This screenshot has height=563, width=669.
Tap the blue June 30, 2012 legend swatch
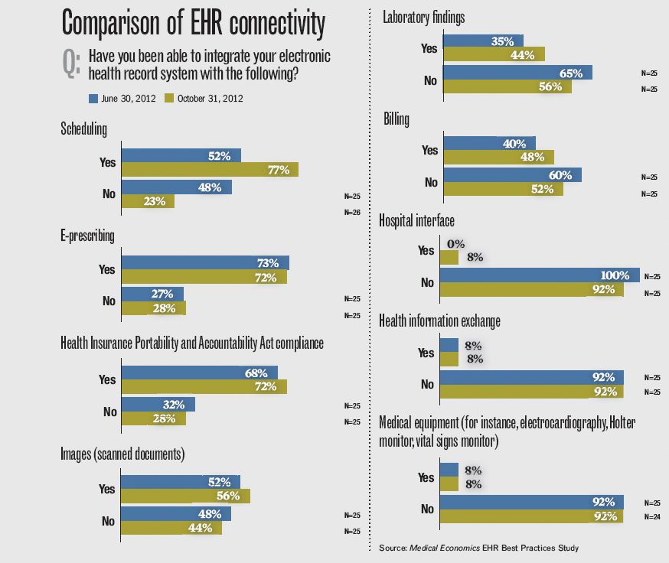(93, 98)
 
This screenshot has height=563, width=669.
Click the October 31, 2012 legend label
(210, 98)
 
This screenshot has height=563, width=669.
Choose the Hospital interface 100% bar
(540, 275)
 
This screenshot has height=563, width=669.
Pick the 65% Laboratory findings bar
(517, 73)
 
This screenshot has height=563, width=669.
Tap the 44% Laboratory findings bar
(494, 54)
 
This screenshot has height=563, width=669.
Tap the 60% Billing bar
(512, 174)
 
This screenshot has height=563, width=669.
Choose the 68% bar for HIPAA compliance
(199, 373)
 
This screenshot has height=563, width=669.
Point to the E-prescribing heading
(87, 236)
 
